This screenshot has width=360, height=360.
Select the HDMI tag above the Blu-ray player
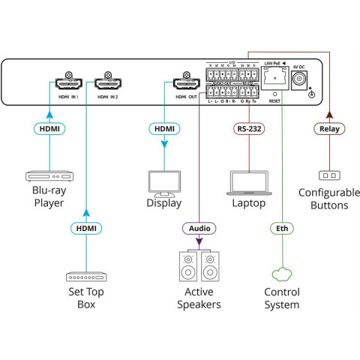pos(49,129)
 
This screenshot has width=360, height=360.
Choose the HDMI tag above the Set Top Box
pos(87,228)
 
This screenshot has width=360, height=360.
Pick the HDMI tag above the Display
pos(164,129)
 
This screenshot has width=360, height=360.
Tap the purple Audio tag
pos(199,228)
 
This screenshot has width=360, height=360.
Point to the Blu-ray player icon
pos(49,176)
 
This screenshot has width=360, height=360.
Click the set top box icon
pos(87,277)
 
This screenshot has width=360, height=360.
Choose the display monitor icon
pos(164,182)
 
